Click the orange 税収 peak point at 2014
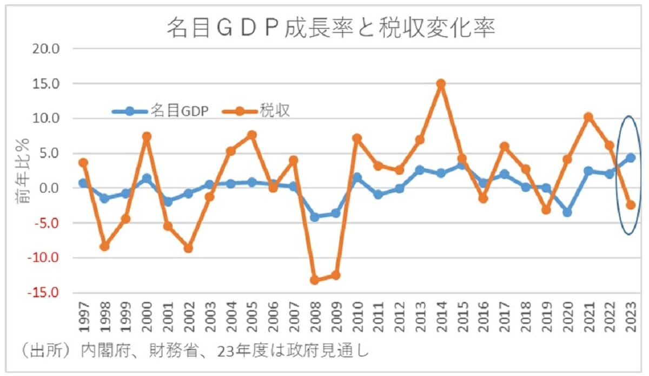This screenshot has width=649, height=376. [441, 84]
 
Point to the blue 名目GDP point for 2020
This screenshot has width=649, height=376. [567, 212]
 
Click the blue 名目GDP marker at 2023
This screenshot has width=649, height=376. [630, 158]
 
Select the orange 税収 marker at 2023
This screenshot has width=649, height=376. [630, 205]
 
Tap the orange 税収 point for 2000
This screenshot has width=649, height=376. [146, 136]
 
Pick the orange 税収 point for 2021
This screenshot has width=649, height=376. [588, 117]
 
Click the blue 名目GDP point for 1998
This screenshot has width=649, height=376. [104, 199]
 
